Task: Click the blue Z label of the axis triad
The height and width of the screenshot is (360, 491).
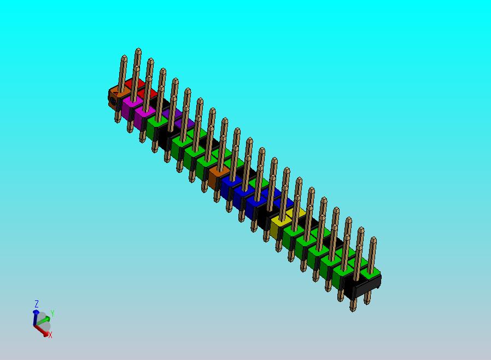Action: (x=37, y=304)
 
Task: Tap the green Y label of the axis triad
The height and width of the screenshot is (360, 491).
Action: (x=52, y=313)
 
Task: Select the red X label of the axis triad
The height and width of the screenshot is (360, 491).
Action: (x=50, y=335)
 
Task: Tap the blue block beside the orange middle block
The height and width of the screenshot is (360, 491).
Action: (x=230, y=186)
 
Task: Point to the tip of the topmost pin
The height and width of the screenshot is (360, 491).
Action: (x=138, y=50)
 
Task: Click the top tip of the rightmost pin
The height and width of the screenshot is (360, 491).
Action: (x=373, y=239)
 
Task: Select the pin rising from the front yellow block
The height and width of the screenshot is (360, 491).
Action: (x=283, y=197)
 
